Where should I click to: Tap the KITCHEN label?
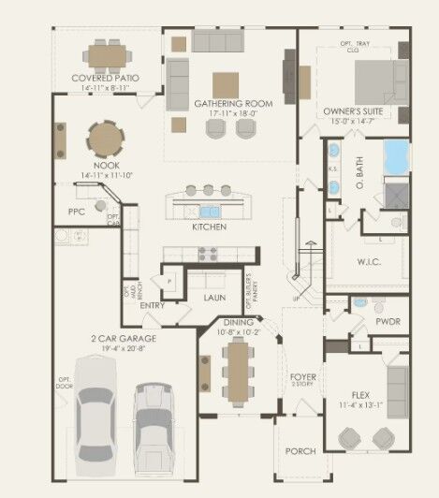pos(209,227)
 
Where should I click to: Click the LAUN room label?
pos(215,297)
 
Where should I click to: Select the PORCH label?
pos(300,451)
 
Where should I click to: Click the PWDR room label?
pos(388,320)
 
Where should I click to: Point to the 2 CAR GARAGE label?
pos(124,337)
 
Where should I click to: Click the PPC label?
pos(76,212)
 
